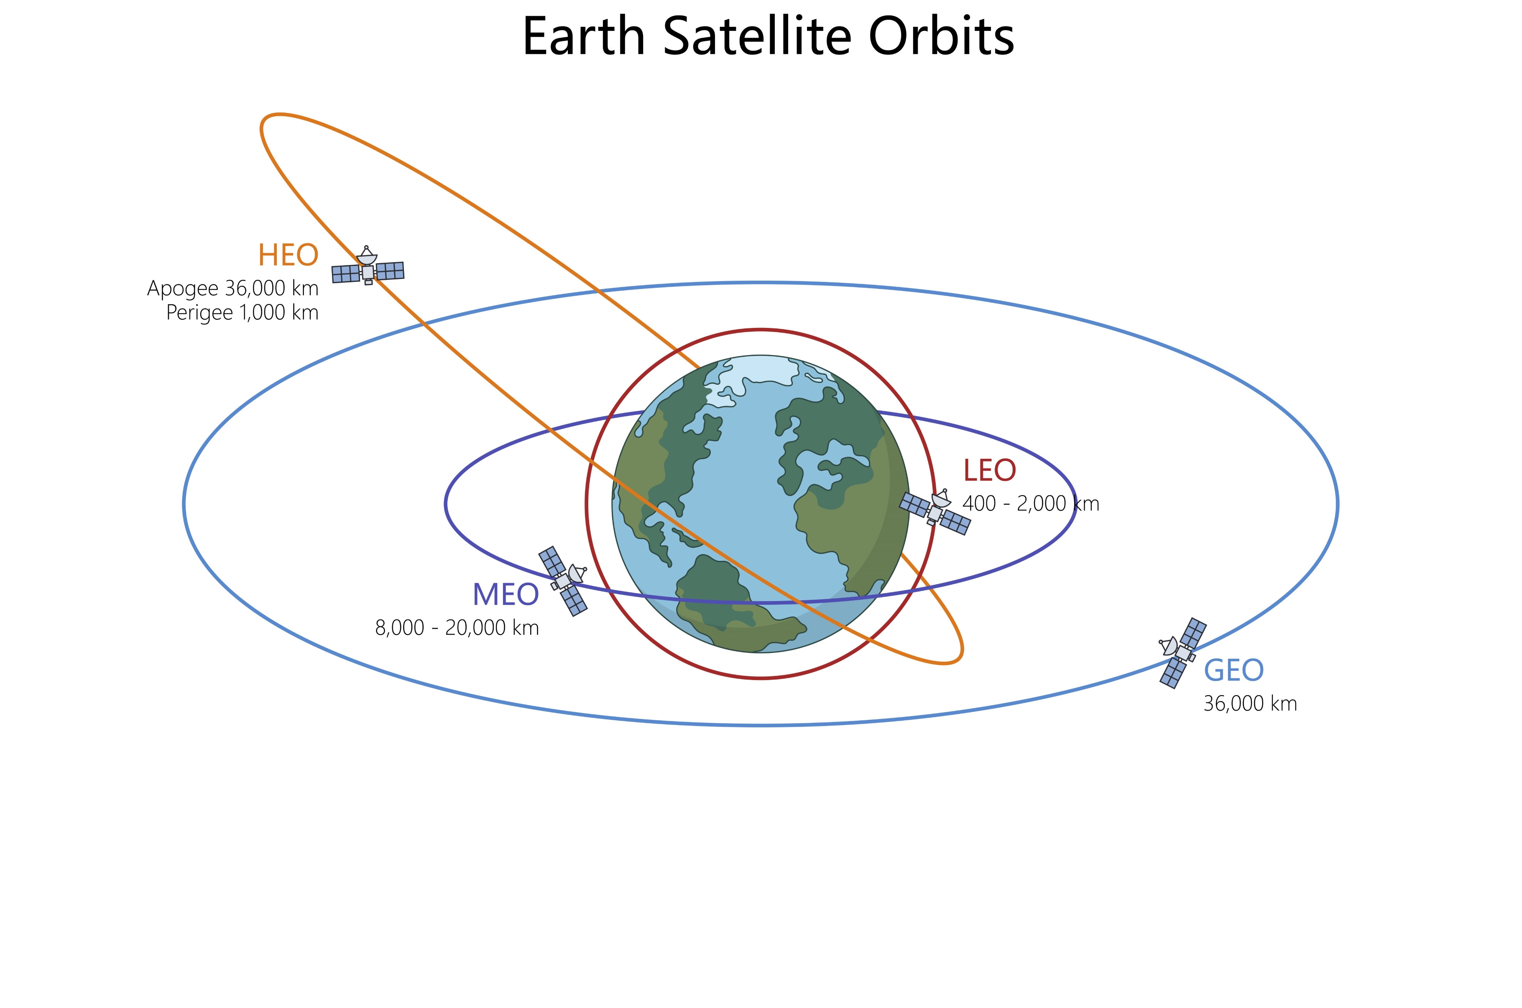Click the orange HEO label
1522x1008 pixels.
289,255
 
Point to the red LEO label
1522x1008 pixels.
989,471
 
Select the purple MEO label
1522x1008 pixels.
506,595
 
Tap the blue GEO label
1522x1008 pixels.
1233,670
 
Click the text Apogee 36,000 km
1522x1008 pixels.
232,288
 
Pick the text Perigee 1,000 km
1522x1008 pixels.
242,312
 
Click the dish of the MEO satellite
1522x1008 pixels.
576,573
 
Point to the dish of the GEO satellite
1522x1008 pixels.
1169,645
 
